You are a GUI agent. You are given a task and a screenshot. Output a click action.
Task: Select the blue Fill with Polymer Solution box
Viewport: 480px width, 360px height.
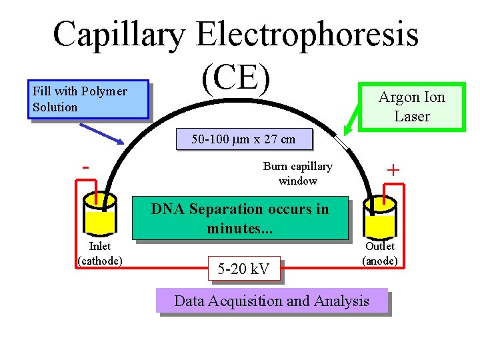point(87,100)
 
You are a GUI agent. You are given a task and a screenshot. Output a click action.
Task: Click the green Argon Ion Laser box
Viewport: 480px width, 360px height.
point(411,107)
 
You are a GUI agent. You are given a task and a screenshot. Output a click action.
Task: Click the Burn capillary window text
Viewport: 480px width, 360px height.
point(297,173)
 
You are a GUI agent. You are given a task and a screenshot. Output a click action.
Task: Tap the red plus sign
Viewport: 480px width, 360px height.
point(393,171)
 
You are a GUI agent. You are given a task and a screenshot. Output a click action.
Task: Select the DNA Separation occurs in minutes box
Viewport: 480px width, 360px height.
point(240,218)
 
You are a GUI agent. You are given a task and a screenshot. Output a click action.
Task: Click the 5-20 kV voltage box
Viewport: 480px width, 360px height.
point(243,269)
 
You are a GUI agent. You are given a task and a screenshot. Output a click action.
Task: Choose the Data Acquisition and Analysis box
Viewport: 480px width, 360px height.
point(271,301)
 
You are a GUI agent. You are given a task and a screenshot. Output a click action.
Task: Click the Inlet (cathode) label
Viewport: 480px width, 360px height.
point(100,253)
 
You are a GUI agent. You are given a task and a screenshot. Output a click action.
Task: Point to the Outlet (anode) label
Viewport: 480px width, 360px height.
point(379,253)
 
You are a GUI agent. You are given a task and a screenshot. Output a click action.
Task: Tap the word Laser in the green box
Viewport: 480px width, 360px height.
point(411,116)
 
